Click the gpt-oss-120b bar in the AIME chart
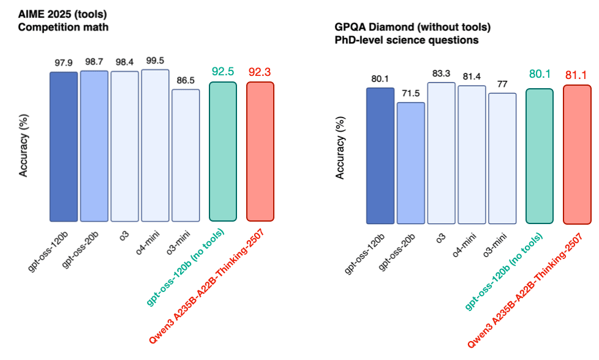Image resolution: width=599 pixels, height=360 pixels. pos(64,146)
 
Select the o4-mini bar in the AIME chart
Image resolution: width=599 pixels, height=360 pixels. pos(155,145)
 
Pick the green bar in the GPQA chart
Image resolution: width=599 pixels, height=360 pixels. pos(540,156)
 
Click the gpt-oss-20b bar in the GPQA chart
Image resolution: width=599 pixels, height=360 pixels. pos(411,162)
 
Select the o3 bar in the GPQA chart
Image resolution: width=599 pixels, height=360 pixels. pos(441,152)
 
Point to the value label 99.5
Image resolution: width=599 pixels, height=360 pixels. pos(155,60)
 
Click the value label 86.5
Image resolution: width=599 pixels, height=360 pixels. pos(186,80)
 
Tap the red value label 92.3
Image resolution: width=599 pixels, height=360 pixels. pos(260,72)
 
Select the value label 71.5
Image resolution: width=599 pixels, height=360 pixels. pos(411,93)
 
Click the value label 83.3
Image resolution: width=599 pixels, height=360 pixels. pos(441,73)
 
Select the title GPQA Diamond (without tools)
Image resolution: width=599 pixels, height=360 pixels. pos(412,28)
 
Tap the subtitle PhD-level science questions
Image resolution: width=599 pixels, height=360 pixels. pos(406,40)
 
